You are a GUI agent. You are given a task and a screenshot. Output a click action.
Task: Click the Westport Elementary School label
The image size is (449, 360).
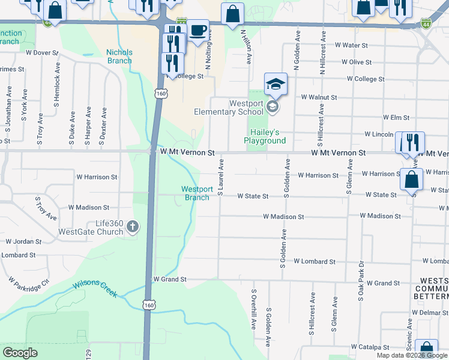click(229, 107)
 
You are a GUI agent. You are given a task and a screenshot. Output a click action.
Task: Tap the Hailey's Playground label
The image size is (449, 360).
click(265, 137)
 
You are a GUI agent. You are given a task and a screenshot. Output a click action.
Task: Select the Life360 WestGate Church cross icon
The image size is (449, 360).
click(133, 227)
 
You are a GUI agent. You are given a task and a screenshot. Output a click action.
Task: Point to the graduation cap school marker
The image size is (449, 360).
click(276, 84)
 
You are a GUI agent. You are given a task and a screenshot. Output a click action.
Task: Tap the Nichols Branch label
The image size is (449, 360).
click(119, 56)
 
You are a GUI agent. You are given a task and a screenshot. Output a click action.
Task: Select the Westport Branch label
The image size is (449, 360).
click(197, 193)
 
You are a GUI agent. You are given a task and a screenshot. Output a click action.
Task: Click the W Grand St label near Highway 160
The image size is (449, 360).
click(170, 280)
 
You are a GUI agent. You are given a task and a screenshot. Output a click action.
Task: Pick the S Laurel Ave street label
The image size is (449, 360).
click(221, 176)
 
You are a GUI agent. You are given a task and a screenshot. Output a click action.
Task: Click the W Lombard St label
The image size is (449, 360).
click(315, 262)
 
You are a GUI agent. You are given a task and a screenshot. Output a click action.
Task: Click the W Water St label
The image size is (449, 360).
click(351, 45)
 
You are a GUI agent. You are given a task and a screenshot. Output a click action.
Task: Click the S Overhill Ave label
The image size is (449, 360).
click(254, 310)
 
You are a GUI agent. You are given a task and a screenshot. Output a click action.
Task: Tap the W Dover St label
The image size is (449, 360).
click(42, 53)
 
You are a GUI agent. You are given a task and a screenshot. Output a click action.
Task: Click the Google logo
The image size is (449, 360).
click(20, 353)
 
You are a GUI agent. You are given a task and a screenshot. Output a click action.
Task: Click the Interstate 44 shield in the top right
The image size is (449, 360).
click(426, 23)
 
